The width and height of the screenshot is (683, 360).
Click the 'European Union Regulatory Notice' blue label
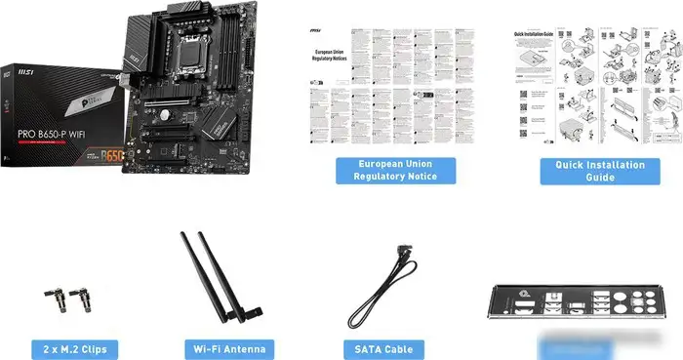click(x=395, y=170)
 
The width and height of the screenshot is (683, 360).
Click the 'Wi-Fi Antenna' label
click(x=228, y=347)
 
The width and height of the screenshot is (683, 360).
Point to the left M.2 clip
click(x=50, y=297)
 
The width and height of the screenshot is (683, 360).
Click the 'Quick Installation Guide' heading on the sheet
click(x=535, y=32)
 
